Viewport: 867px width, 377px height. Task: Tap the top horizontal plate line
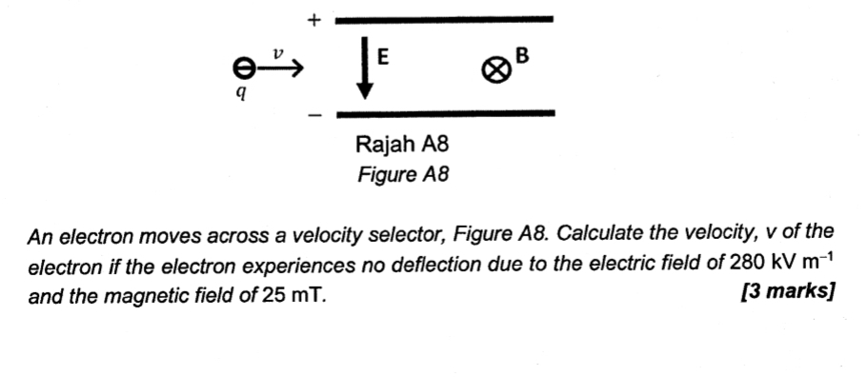click(x=444, y=18)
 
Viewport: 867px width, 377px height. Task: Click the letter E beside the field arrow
click(x=382, y=57)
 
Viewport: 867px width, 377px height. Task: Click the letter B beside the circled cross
click(x=520, y=59)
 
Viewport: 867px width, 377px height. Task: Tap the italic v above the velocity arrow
click(x=277, y=53)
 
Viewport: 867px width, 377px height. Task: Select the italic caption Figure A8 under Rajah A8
click(x=401, y=175)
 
